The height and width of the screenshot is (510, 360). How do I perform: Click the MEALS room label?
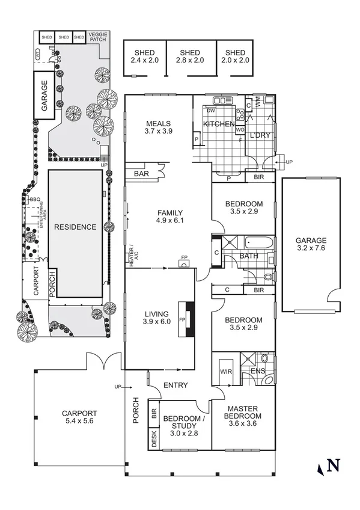[x=159, y=124]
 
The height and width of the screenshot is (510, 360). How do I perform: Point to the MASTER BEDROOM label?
[x=243, y=412]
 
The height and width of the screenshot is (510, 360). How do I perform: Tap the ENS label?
[x=258, y=370]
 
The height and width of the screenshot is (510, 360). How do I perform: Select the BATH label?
[x=249, y=256]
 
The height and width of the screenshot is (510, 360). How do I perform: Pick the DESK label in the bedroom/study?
[x=154, y=439]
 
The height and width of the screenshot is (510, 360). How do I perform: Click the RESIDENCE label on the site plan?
[x=75, y=227]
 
